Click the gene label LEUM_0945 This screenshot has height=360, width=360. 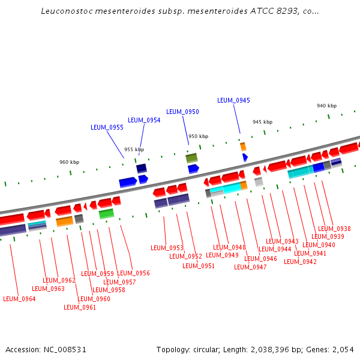pyautogui.click(x=233, y=100)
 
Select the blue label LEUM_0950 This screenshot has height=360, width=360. pyautogui.click(x=182, y=112)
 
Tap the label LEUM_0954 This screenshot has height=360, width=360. pyautogui.click(x=144, y=120)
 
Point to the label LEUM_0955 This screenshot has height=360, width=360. pyautogui.click(x=107, y=127)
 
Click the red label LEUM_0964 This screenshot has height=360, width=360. pyautogui.click(x=19, y=299)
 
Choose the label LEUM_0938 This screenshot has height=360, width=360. pyautogui.click(x=334, y=229)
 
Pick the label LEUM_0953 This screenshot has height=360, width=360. pyautogui.click(x=167, y=248)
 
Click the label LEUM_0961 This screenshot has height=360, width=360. pyautogui.click(x=80, y=307)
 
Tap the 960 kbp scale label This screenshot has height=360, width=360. pyautogui.click(x=69, y=162)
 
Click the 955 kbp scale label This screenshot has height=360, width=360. pyautogui.click(x=134, y=149)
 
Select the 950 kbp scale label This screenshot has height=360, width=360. pyautogui.click(x=198, y=136)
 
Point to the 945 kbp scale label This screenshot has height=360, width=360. pyautogui.click(x=262, y=122)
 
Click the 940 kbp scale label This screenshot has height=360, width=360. pyautogui.click(x=326, y=106)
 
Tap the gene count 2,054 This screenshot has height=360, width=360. pyautogui.click(x=344, y=349)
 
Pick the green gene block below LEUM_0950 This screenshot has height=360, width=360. pyautogui.click(x=191, y=158)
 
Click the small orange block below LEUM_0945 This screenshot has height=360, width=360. pyautogui.click(x=243, y=146)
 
